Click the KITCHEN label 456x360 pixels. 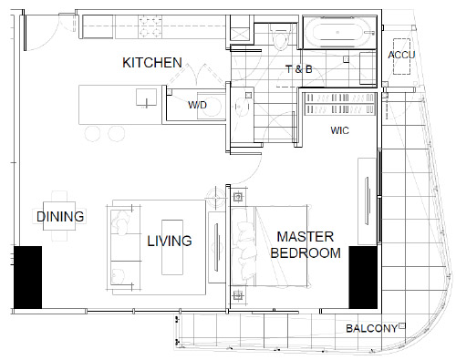coord(152,62)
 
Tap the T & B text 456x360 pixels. coord(298,69)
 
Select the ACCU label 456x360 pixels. coord(401,56)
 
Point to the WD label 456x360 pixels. coord(197,106)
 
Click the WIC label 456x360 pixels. coord(341,131)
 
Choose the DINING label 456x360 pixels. coord(61,217)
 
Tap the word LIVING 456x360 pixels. coord(170,242)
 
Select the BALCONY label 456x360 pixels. coord(370,329)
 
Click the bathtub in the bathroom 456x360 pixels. coord(337,35)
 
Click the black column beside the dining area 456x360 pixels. coord(27,276)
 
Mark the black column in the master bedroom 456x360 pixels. coord(363,276)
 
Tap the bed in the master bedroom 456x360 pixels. coord(292,246)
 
